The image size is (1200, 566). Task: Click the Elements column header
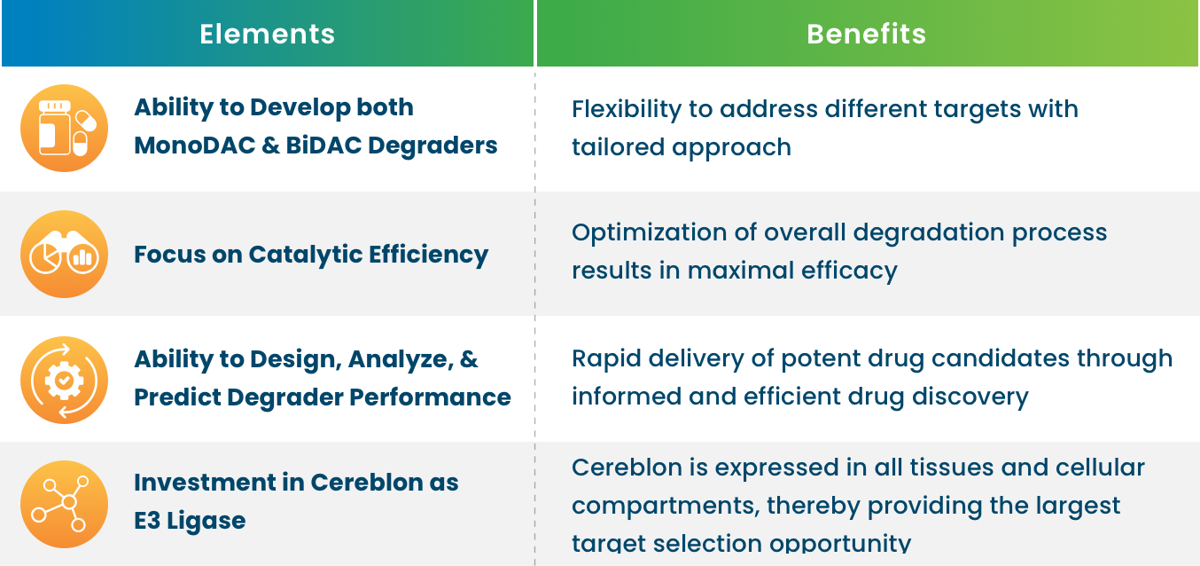[x=268, y=34]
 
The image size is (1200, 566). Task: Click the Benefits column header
[x=866, y=34]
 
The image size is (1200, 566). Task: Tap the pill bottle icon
[x=65, y=129]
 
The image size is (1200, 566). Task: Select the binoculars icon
[x=65, y=255]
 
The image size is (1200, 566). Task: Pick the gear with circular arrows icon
[x=65, y=380]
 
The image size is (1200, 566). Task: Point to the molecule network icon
[x=65, y=504]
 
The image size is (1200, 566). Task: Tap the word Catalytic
[x=306, y=255]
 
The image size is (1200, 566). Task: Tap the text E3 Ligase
[x=190, y=522]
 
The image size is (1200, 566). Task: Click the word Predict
[x=177, y=397]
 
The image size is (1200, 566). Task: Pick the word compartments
[x=666, y=507]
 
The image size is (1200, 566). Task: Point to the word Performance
[x=430, y=397]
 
